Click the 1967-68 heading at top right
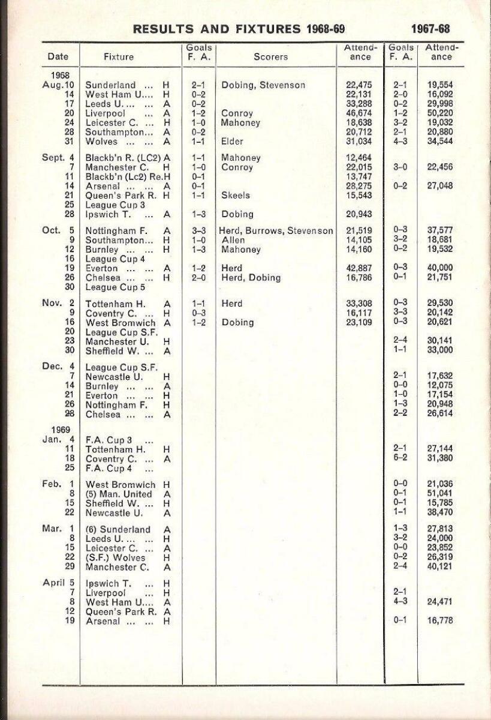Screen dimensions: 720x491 [430, 29]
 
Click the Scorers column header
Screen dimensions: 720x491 [270, 57]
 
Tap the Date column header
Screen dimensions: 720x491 [58, 57]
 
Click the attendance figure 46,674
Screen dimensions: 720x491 [354, 113]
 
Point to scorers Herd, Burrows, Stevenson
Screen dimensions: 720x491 [277, 231]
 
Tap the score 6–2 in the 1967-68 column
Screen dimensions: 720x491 [400, 459]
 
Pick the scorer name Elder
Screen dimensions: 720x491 [233, 142]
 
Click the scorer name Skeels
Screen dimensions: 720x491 [236, 196]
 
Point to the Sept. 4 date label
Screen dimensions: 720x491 [58, 158]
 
